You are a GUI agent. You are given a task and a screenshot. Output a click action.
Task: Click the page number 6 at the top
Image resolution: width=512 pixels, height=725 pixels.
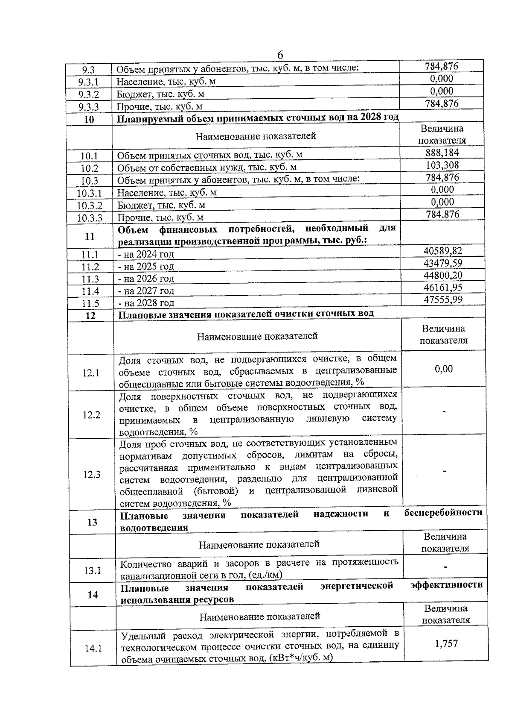coord(280,55)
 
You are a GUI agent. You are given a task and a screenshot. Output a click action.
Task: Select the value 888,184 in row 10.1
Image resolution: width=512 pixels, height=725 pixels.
coord(442,153)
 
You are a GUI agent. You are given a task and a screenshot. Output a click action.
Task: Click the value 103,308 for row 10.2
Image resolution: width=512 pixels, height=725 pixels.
coord(442,165)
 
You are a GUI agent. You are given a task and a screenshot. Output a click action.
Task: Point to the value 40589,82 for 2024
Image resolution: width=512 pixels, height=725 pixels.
coord(443,251)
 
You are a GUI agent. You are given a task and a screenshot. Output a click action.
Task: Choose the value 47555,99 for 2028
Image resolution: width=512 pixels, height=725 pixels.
coord(443,299)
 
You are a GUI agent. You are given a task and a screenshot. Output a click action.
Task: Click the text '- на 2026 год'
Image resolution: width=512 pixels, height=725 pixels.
coord(146,279)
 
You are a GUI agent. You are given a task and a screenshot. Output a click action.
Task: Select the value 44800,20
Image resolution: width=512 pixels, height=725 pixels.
coord(443,275)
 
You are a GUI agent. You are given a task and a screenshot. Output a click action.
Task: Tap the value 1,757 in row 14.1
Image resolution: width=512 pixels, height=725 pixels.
coord(446,643)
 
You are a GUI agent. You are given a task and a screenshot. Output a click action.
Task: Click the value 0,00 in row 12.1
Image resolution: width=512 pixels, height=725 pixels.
coord(444,369)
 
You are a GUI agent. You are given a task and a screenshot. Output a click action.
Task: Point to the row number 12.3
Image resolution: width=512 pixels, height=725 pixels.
coord(91,474)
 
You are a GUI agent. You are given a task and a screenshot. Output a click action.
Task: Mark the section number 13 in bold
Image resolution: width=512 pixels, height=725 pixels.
coord(92,522)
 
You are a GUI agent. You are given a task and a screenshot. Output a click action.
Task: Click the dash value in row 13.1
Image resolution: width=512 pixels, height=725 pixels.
coord(445,567)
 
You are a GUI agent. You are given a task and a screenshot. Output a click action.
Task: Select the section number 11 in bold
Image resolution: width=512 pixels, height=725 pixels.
coord(90,236)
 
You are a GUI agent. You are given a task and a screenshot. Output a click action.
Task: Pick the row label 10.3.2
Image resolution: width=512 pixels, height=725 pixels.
coord(90,206)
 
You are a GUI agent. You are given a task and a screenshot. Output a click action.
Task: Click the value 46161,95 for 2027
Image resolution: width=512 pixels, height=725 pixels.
coord(443,288)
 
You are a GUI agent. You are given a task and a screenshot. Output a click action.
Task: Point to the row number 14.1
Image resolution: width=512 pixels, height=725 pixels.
coord(93,648)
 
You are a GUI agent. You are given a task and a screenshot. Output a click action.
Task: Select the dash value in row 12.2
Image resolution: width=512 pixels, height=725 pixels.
coord(444,412)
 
